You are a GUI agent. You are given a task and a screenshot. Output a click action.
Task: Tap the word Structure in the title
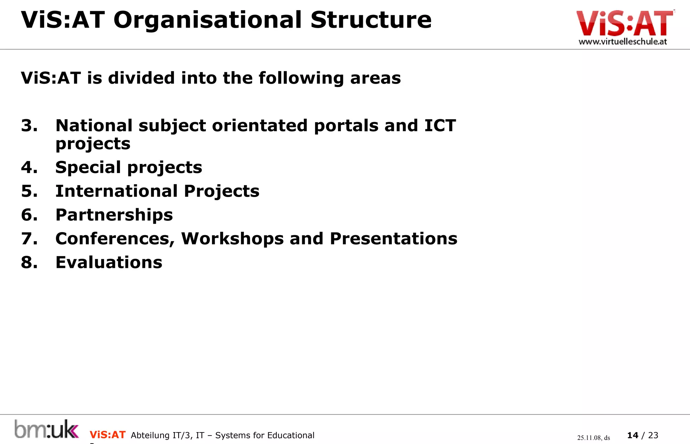tap(371, 20)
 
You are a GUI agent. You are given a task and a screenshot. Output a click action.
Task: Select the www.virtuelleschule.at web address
tap(623, 41)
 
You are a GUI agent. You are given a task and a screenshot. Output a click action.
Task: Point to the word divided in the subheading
tap(141, 78)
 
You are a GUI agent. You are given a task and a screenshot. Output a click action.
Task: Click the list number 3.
tap(29, 126)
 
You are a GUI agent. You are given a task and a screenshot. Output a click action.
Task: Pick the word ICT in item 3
tap(440, 126)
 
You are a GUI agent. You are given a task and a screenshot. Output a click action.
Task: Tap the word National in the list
tap(94, 126)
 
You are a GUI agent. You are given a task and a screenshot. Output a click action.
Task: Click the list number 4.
tap(29, 167)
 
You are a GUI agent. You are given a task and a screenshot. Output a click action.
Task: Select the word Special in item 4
tap(88, 167)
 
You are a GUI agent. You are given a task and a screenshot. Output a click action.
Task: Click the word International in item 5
tap(117, 191)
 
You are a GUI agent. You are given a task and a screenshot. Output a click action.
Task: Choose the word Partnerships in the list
tap(114, 215)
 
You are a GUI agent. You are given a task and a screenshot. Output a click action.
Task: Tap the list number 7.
tap(29, 239)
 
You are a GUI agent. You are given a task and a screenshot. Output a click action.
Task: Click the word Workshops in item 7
tap(232, 239)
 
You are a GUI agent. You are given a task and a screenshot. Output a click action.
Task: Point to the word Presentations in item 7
tap(394, 239)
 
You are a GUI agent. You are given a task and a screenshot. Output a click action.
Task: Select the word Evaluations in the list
tap(109, 262)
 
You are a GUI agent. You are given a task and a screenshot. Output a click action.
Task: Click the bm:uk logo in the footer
tap(46, 429)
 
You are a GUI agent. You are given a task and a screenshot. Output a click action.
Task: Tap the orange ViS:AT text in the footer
tap(107, 435)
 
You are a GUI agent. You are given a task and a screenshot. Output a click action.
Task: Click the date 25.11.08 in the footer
tap(589, 438)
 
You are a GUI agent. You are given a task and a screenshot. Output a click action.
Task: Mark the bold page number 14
tap(633, 435)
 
